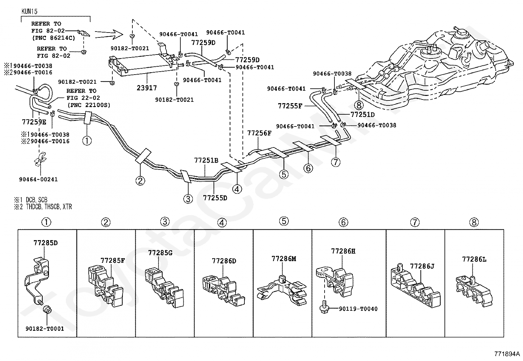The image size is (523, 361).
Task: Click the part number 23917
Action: click(147, 88)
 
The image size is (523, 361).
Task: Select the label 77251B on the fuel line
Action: click(206, 160)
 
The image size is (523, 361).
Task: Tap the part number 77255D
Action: click(215, 198)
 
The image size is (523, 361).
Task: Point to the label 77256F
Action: click(259, 133)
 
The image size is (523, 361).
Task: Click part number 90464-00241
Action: click(38, 179)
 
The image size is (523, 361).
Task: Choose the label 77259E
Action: click(34, 122)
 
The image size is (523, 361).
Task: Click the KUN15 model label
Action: click(30, 11)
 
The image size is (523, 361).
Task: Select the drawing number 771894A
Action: click(507, 354)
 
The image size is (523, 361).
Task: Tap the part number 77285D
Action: click(45, 243)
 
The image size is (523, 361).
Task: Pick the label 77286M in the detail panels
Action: click(284, 259)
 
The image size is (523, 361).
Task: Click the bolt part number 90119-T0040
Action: click(354, 309)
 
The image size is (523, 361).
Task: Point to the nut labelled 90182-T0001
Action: click(45, 328)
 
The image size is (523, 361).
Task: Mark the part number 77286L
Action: click(474, 259)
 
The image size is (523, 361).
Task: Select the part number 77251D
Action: click(363, 114)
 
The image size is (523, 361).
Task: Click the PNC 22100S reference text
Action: click(88, 105)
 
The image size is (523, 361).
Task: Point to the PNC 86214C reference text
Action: click(53, 38)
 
